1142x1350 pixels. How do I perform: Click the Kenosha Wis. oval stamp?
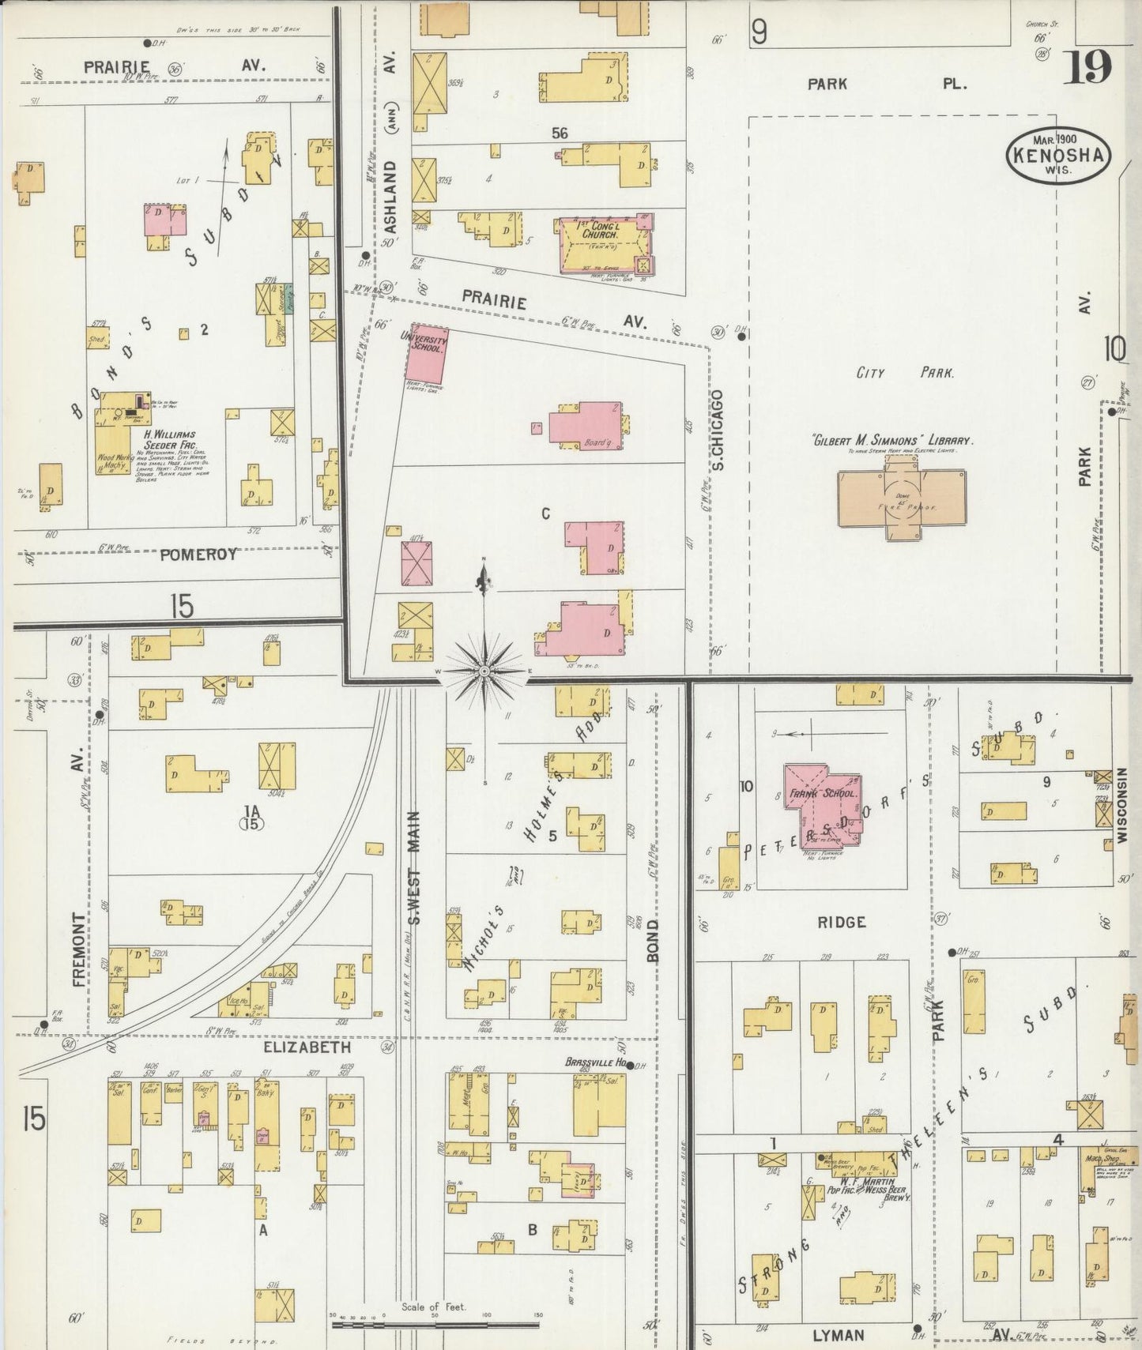(1057, 155)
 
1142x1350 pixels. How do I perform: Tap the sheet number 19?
(1087, 68)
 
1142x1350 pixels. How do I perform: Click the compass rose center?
(484, 671)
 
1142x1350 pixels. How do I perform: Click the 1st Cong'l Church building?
(605, 244)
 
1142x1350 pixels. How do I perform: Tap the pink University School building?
(427, 353)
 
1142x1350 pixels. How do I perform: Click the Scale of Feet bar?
(435, 1323)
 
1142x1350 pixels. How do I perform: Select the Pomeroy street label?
(198, 555)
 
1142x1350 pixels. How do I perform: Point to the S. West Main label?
(414, 867)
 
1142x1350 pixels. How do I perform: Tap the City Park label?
(905, 373)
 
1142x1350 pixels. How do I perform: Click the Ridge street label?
(842, 922)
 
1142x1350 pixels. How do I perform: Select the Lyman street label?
(839, 1335)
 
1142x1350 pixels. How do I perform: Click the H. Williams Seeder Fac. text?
(169, 439)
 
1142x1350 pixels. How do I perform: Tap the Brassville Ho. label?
(595, 1062)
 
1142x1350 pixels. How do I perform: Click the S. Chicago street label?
(718, 431)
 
